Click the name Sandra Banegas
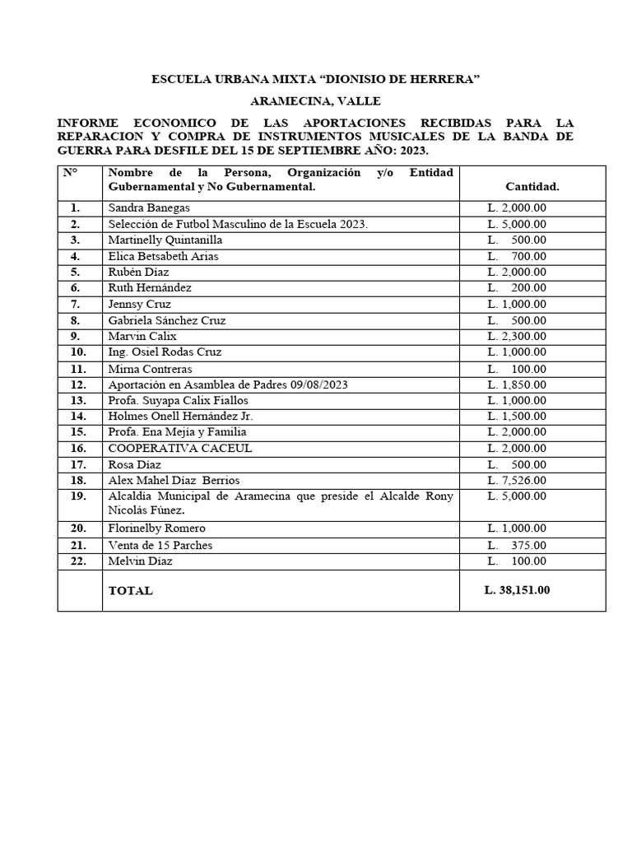point(148,208)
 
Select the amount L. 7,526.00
point(516,480)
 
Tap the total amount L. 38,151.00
point(517,590)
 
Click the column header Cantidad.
point(532,187)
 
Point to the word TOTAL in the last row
point(130,591)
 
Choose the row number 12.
point(78,384)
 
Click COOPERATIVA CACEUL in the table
point(179,449)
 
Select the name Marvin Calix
point(142,337)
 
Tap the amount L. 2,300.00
point(516,337)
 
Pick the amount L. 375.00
point(516,545)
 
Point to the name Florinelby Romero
point(156,529)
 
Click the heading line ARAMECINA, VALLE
point(315,101)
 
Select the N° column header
point(70,173)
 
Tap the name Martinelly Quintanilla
point(165,240)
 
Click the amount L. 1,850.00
point(516,384)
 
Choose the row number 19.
point(78,496)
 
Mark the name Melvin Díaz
point(141,561)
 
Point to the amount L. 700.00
point(516,256)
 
